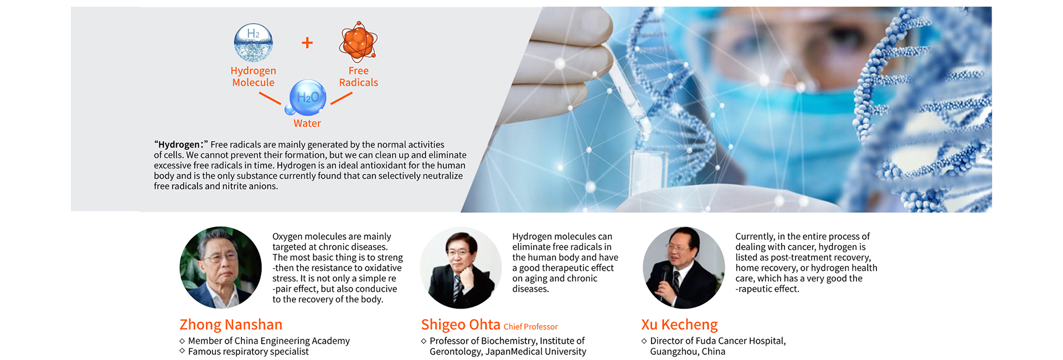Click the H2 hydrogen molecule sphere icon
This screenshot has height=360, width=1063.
point(253,42)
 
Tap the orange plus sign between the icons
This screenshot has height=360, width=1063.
point(307,43)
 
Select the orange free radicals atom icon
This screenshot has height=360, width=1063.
point(358,42)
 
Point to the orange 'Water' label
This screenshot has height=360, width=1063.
point(307,124)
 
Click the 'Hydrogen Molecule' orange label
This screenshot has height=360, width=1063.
point(253,76)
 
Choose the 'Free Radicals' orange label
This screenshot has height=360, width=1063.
point(358,76)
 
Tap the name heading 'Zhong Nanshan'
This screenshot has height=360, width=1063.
point(231,325)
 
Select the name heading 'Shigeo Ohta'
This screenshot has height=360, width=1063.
point(461,325)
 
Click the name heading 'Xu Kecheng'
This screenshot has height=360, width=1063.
point(679,325)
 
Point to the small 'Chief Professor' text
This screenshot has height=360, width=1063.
point(530,327)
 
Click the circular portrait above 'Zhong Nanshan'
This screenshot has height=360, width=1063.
point(220,268)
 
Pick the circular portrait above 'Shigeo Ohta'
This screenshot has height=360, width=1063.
point(461,268)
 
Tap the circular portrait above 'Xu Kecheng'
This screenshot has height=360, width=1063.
point(684,268)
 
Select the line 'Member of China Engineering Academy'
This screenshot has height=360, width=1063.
point(265,341)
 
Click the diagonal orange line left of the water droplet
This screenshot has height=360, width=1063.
point(270,99)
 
